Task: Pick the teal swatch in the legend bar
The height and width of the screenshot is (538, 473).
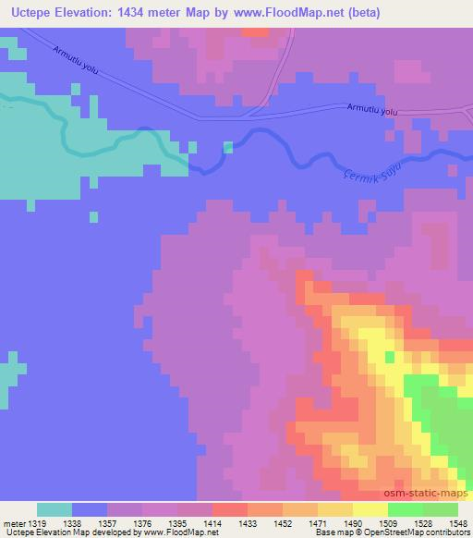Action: pyautogui.click(x=55, y=509)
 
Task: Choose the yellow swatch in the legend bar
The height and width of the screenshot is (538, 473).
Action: pyautogui.click(x=370, y=509)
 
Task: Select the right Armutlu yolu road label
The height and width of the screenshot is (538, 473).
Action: pyautogui.click(x=372, y=110)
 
